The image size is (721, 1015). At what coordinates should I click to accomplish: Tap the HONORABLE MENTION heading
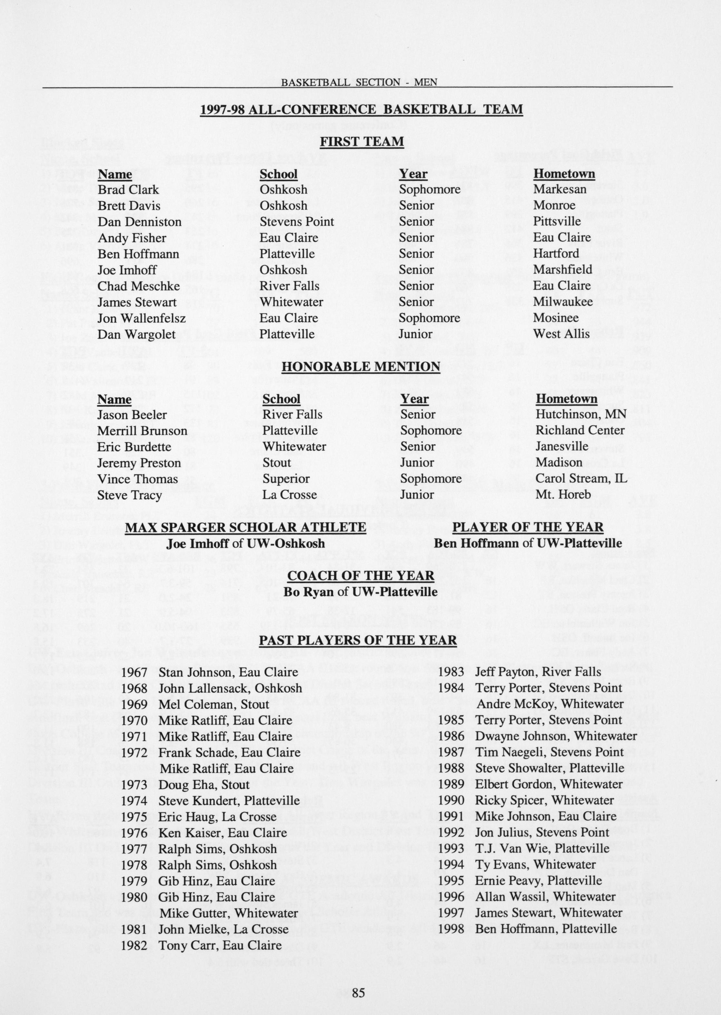point(361,366)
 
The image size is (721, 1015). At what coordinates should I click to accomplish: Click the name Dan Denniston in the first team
point(140,222)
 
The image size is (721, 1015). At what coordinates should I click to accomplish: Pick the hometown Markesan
point(560,189)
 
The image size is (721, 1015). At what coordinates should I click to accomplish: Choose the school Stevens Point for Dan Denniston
point(297,222)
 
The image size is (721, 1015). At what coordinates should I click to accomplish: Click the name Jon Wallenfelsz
point(141,318)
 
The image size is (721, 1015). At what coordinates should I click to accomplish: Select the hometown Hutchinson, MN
point(581,414)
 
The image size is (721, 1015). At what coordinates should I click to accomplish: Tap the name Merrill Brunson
point(142,431)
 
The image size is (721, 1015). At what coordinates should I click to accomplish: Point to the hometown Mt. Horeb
point(563,494)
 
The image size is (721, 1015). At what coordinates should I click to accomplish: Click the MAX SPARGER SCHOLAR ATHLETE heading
point(246,527)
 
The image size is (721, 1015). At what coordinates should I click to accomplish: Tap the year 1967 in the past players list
point(134,672)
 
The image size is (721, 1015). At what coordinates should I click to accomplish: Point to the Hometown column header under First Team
point(564,173)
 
